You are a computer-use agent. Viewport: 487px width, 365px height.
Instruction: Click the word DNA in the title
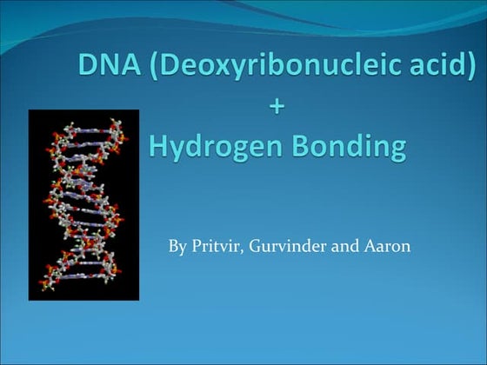[106, 66]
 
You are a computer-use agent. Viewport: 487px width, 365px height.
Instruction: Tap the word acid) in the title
[440, 66]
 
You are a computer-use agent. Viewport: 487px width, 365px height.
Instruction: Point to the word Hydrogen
[217, 146]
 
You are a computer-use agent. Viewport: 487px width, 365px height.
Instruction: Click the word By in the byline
[177, 246]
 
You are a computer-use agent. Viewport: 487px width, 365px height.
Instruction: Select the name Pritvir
[217, 246]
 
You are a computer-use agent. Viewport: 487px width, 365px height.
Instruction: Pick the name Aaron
[388, 246]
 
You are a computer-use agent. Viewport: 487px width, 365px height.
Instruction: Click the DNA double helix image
[83, 204]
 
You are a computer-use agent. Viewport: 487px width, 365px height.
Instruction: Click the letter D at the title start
[86, 66]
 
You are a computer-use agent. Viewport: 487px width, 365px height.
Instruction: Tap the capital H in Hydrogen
[159, 145]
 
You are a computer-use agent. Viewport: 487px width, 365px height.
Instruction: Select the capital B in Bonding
[300, 145]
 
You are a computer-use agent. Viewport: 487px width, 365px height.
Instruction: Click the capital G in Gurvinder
[257, 246]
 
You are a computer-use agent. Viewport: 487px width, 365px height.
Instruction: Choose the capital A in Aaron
[369, 246]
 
